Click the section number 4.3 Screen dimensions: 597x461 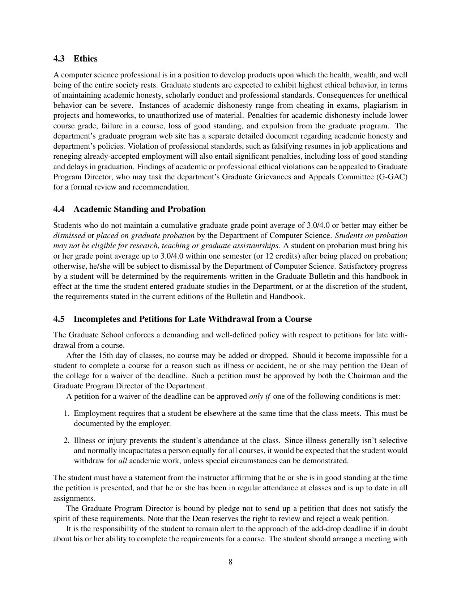pos(60,59)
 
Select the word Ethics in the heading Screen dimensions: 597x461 pos(85,59)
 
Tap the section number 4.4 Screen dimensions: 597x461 pos(60,209)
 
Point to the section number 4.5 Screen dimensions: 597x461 pos(60,319)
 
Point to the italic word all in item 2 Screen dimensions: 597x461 pos(123,461)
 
